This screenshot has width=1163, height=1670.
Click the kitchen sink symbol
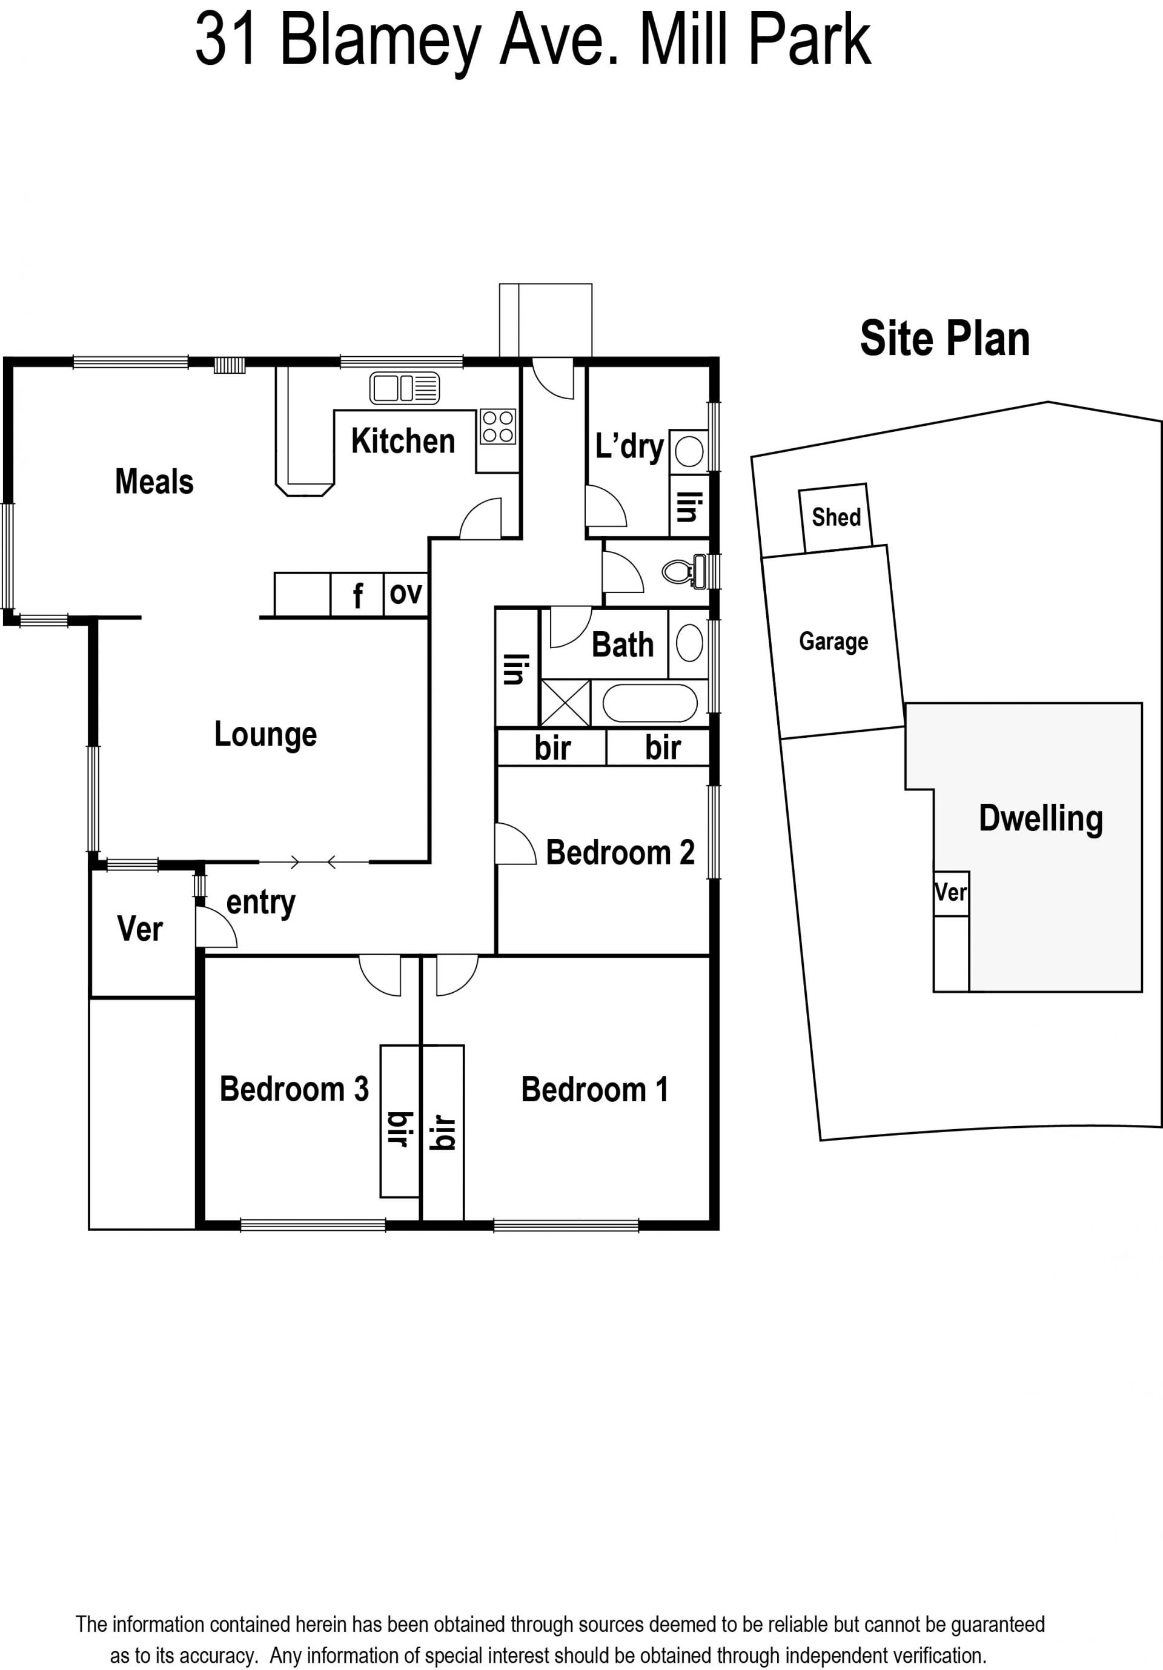click(x=405, y=388)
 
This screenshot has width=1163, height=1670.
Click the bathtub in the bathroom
click(x=649, y=703)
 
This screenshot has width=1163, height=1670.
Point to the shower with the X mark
click(x=565, y=703)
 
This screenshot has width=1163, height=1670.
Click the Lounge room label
click(x=265, y=735)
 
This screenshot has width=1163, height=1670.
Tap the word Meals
click(x=154, y=482)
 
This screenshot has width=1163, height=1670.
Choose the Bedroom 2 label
click(x=620, y=852)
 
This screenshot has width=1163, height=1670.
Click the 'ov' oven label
click(x=406, y=594)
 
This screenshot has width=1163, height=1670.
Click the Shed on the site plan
click(x=836, y=517)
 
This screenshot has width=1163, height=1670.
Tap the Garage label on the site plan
click(x=833, y=641)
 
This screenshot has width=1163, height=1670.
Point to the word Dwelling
click(x=1041, y=820)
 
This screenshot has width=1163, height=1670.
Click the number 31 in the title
click(x=225, y=39)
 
